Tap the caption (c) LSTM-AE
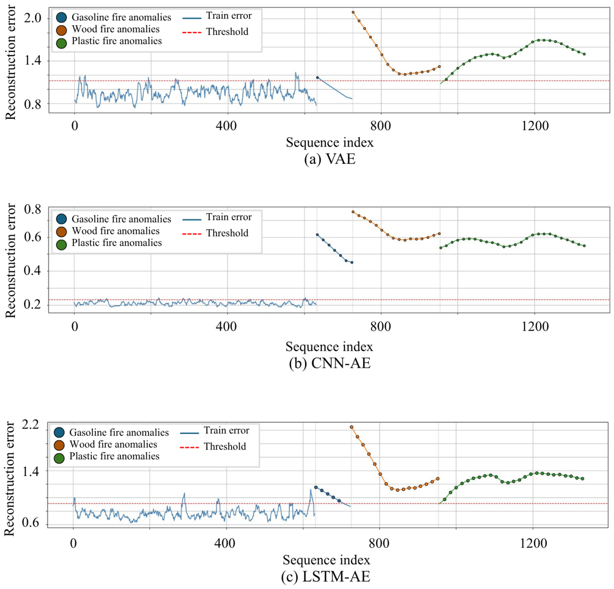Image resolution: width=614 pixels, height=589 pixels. (x=326, y=577)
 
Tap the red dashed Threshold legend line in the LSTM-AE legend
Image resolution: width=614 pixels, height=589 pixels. (x=190, y=447)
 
